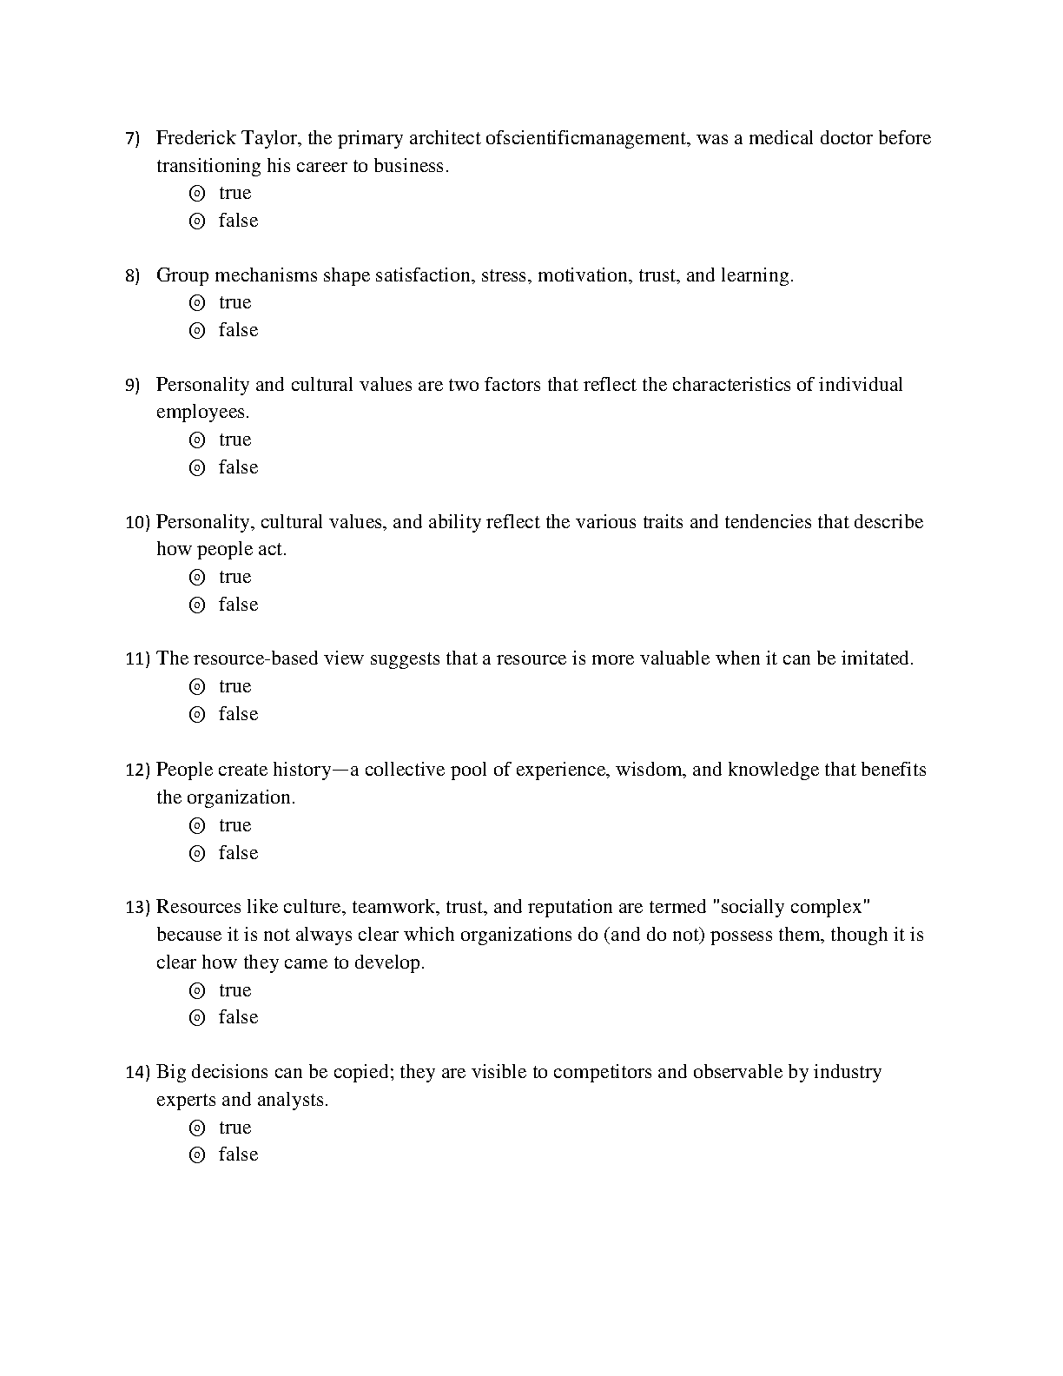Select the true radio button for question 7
pos(197,193)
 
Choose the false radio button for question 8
pos(197,330)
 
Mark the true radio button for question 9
pos(197,440)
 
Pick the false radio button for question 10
pos(197,605)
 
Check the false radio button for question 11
pos(197,714)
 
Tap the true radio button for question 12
pos(197,825)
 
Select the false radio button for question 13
pos(197,1017)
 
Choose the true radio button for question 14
pos(197,1128)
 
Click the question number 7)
pos(133,139)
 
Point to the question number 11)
pos(138,659)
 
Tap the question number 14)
pos(138,1073)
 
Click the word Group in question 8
pos(182,275)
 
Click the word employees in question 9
pos(201,412)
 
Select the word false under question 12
pos(239,853)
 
